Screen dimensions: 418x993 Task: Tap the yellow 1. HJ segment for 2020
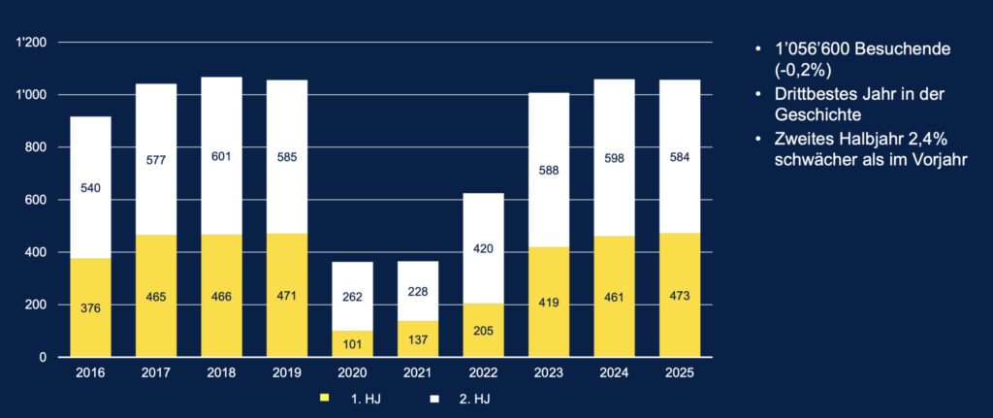[352, 343]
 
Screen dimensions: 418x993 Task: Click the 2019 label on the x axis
[287, 372]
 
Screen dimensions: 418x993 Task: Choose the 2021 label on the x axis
[418, 372]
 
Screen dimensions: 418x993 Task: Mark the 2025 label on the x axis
[679, 372]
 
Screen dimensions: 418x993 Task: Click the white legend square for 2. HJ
[436, 398]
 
